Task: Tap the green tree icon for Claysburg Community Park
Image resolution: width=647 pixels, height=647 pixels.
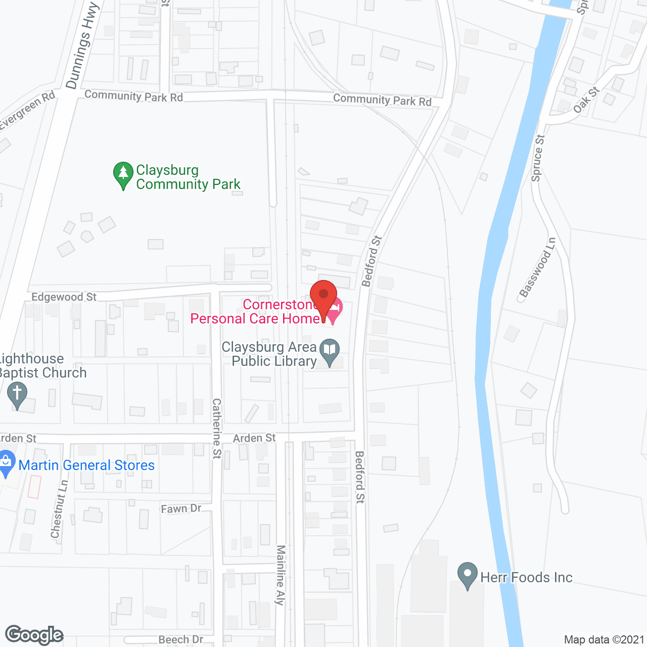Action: pyautogui.click(x=123, y=175)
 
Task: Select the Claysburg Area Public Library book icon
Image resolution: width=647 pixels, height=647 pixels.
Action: pyautogui.click(x=330, y=351)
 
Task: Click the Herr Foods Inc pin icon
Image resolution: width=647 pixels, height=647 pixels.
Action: pyautogui.click(x=467, y=575)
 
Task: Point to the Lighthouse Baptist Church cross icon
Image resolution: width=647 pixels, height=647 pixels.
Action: pyautogui.click(x=17, y=395)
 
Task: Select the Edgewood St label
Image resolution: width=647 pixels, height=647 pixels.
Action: pyautogui.click(x=64, y=297)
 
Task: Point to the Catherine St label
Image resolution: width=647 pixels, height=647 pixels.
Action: pyautogui.click(x=217, y=428)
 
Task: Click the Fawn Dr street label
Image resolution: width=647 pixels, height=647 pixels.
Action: pyautogui.click(x=181, y=509)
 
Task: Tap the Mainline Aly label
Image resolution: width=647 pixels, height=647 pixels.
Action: pyautogui.click(x=281, y=575)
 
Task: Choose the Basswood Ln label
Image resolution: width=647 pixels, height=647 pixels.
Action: pyautogui.click(x=537, y=267)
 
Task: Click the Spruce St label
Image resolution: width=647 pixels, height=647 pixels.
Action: pyautogui.click(x=538, y=158)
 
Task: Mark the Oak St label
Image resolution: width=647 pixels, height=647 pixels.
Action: pyautogui.click(x=586, y=100)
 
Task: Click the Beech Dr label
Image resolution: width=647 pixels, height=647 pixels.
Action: pyautogui.click(x=181, y=639)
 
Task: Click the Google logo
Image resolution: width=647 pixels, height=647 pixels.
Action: pyautogui.click(x=34, y=635)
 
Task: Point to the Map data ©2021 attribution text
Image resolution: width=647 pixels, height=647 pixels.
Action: pyautogui.click(x=605, y=639)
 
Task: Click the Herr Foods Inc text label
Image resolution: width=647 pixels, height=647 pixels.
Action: pyautogui.click(x=526, y=577)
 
